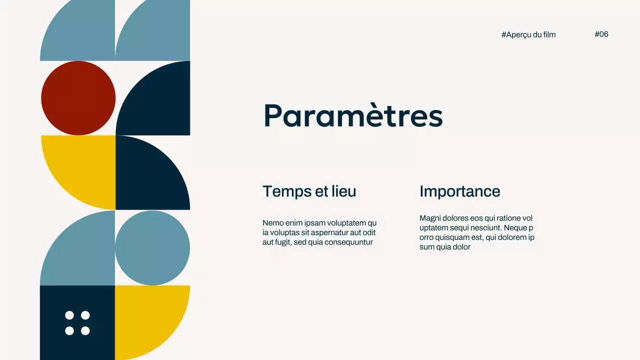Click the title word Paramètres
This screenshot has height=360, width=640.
tap(352, 115)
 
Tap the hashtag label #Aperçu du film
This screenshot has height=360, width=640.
tap(528, 34)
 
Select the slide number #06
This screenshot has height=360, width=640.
tap(601, 34)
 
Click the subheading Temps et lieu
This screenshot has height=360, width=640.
tap(309, 191)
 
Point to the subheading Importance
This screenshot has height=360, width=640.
tap(459, 191)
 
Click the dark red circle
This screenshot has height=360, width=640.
tap(78, 98)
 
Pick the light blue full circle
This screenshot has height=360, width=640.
tap(152, 248)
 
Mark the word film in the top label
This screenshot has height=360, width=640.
tap(548, 34)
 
